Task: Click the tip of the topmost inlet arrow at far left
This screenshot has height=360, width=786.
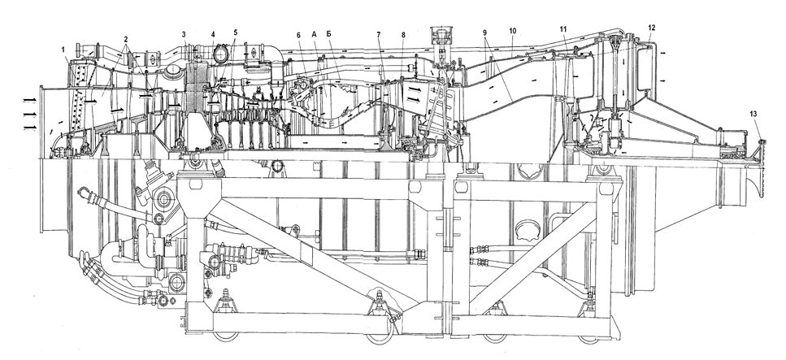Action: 35,100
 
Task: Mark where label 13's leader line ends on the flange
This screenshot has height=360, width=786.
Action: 762,143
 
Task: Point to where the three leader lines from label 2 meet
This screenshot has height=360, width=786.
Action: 126,43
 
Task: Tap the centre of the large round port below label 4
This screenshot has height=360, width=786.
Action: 219,53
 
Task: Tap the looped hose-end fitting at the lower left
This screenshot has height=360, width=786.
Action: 85,193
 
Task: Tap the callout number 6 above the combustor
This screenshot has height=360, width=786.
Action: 298,35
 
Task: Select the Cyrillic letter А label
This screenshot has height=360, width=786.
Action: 314,35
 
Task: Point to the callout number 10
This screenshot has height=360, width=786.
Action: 512,31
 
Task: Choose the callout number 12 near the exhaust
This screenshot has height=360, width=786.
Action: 651,28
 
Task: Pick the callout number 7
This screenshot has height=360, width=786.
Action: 379,35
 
